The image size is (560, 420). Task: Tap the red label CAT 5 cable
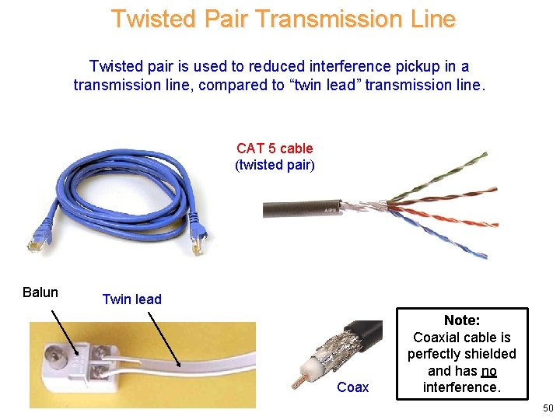tap(275, 148)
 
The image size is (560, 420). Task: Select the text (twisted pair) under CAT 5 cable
tap(275, 165)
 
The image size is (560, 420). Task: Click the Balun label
tap(40, 292)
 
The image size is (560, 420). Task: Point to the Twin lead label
tap(132, 299)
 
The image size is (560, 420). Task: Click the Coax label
tap(353, 387)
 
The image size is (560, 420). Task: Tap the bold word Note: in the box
tap(462, 320)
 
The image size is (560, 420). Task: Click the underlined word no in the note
tap(488, 371)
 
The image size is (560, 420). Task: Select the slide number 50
tap(548, 408)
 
